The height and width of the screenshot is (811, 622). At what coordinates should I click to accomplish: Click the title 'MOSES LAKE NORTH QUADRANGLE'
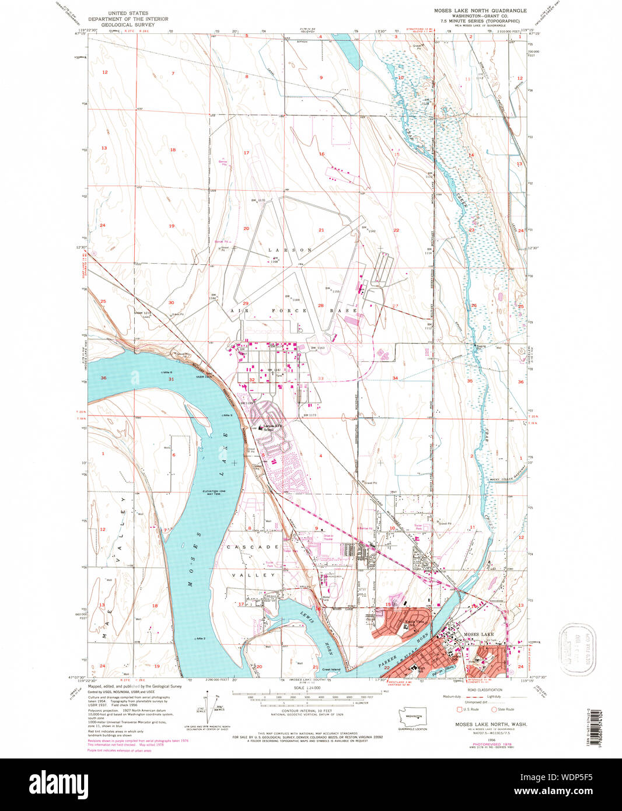click(480, 11)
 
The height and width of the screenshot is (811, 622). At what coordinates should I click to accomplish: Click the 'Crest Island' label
click(331, 669)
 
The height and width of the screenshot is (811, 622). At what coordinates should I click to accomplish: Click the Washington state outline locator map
click(413, 715)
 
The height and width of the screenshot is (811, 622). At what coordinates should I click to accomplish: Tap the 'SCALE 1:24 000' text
click(306, 688)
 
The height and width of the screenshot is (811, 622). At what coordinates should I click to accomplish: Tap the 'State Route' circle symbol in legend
click(493, 709)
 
